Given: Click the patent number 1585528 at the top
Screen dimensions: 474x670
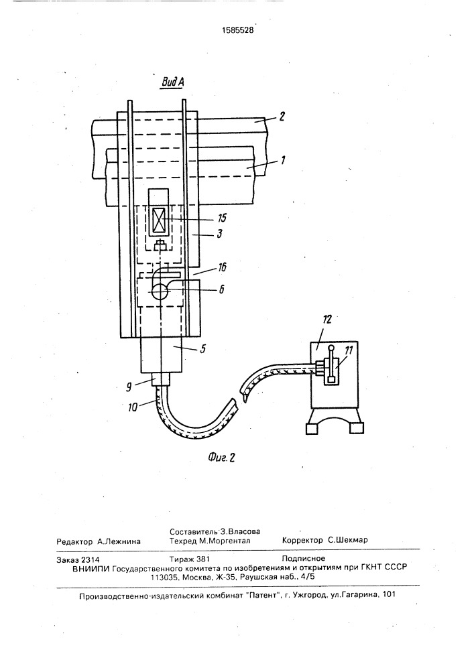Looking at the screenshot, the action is [237, 30].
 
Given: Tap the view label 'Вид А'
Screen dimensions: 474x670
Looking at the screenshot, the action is [173, 82].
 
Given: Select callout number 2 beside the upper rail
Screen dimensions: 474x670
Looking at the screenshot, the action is [282, 116].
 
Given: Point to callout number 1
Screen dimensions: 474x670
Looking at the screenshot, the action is [282, 160].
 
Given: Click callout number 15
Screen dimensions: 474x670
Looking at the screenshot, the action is [221, 218].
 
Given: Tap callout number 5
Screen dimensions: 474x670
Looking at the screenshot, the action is [202, 349].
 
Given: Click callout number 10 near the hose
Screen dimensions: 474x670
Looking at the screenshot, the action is [133, 407].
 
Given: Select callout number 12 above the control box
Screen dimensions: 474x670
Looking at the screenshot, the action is [327, 320].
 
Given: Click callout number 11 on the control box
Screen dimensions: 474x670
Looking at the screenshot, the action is [349, 351].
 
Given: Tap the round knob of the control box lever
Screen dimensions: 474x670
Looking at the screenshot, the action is [331, 347].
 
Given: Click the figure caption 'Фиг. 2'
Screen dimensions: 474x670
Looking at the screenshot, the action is [222, 457].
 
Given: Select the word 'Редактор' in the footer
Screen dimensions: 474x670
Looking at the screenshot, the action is [74, 541].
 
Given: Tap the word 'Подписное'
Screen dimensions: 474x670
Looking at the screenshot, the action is [304, 559].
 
